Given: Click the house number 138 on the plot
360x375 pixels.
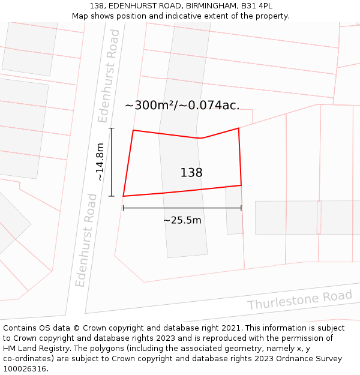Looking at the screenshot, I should pos(191,173).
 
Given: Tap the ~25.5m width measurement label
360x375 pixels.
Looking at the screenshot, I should pos(182,220).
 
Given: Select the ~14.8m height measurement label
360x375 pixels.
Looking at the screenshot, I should pos(100,162).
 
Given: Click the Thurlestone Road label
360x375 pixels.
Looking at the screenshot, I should pos(299,300).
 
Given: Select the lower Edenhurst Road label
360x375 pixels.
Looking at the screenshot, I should pos(85,239).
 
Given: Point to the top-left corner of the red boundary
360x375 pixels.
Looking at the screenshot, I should pos(133,130).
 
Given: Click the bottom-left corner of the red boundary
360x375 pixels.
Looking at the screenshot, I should pos(124,196).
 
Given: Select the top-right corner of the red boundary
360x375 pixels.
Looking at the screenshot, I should pos(239,128).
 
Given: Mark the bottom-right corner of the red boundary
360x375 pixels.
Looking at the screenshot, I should pos(241,185).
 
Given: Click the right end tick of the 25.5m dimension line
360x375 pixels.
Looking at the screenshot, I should pos(241,208).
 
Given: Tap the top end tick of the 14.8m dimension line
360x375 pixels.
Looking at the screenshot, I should pos(112,128).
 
